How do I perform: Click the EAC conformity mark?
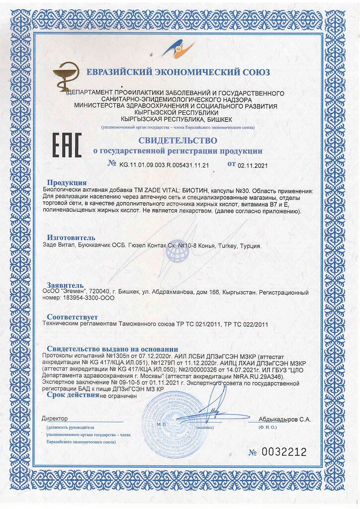67,145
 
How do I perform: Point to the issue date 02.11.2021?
253,165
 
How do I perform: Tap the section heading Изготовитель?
71,237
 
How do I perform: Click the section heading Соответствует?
73,317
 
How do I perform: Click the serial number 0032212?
284,452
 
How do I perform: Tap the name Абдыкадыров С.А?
284,419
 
